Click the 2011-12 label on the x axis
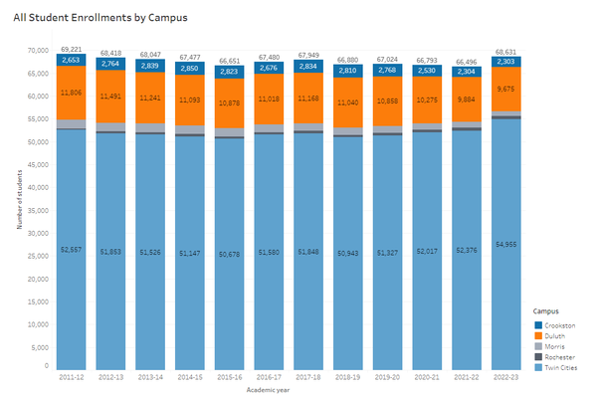tap(71, 377)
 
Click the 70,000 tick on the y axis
tap(38, 50)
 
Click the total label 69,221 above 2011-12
tap(71, 49)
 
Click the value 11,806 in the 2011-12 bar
tap(71, 92)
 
